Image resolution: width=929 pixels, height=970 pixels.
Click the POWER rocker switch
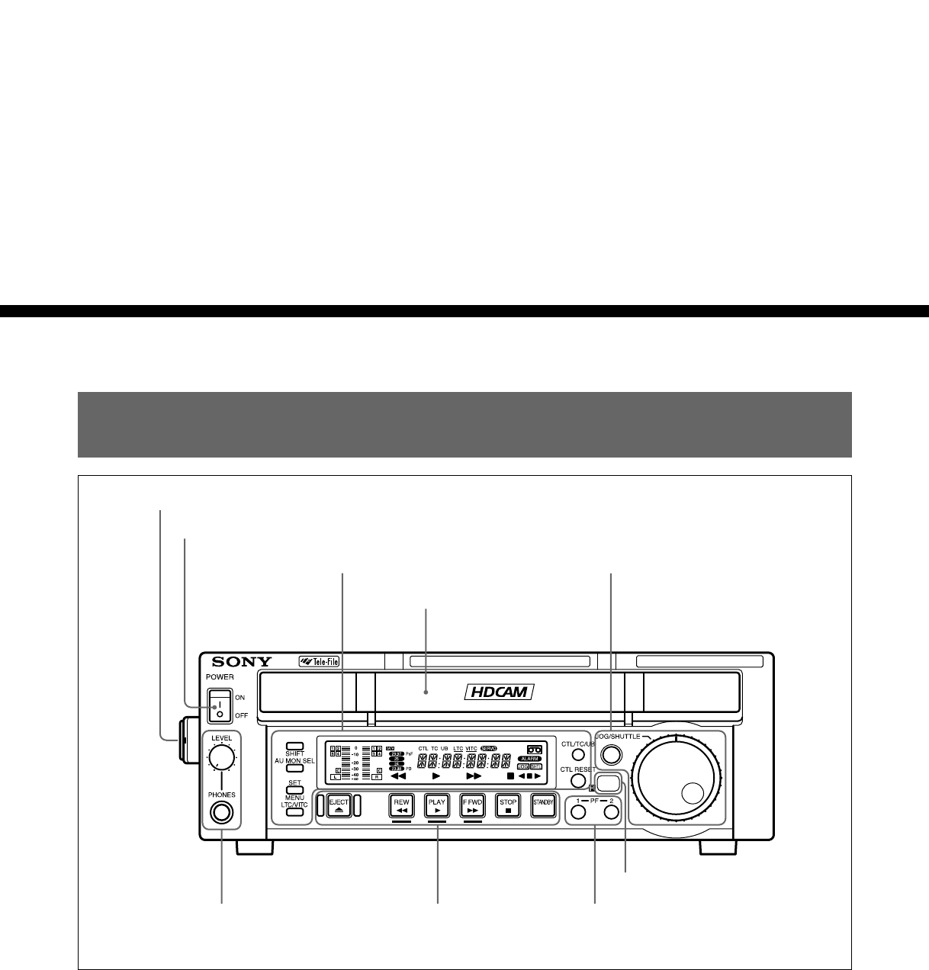(x=219, y=705)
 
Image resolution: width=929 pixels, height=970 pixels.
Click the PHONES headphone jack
(x=221, y=813)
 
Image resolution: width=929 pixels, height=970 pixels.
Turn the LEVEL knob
(x=221, y=757)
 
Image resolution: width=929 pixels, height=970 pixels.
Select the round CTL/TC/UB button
(x=578, y=755)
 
